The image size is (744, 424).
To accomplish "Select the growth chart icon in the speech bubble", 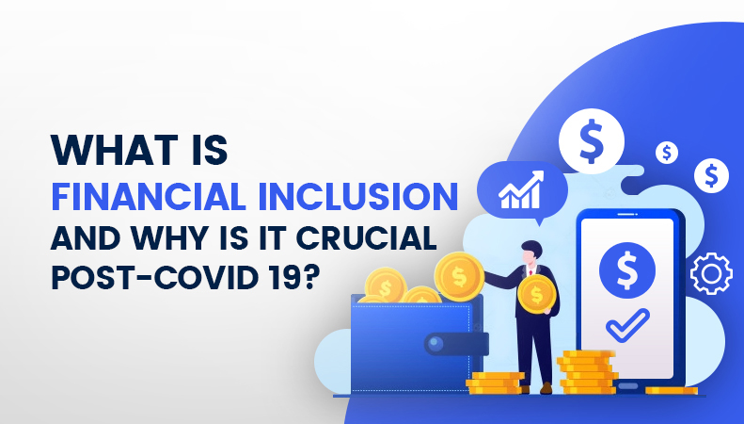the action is point(521,190).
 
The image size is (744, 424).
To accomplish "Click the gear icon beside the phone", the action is point(711,274).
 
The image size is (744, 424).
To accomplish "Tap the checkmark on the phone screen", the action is point(627,325).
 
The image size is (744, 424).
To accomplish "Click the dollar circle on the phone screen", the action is point(627,270).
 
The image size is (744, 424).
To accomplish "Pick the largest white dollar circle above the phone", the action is point(592,141).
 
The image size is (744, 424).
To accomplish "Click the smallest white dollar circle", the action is point(667,153).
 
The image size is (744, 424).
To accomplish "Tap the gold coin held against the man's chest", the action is point(537,294).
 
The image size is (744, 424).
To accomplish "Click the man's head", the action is point(530,253).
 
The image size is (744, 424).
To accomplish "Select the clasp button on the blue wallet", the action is point(435,343).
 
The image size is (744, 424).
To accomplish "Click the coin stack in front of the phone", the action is point(588,372).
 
